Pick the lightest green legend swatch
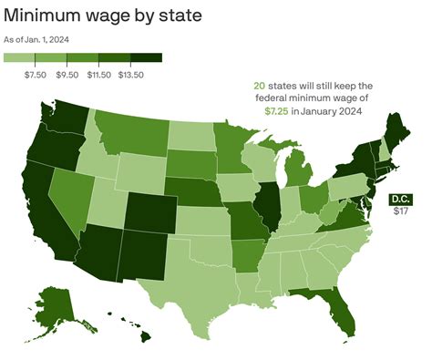click(20, 58)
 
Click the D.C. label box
click(400, 199)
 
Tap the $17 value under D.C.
click(400, 211)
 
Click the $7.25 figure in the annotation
click(277, 111)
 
